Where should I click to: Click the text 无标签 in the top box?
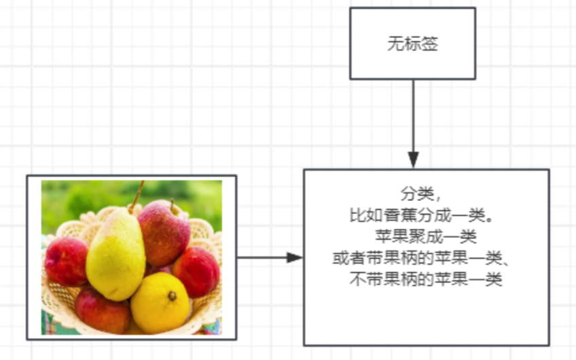coord(412,44)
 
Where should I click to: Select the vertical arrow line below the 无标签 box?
coord(413,115)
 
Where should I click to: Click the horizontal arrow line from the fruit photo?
coord(262,258)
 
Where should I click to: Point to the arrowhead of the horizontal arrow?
coord(294,258)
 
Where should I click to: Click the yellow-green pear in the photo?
coord(115,255)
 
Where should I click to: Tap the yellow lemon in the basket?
coord(160,303)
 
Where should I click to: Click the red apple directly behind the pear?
coord(164,231)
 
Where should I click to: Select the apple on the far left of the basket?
coord(65,261)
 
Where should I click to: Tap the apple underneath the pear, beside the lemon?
coord(102,309)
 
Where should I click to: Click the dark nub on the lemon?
coord(173,296)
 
